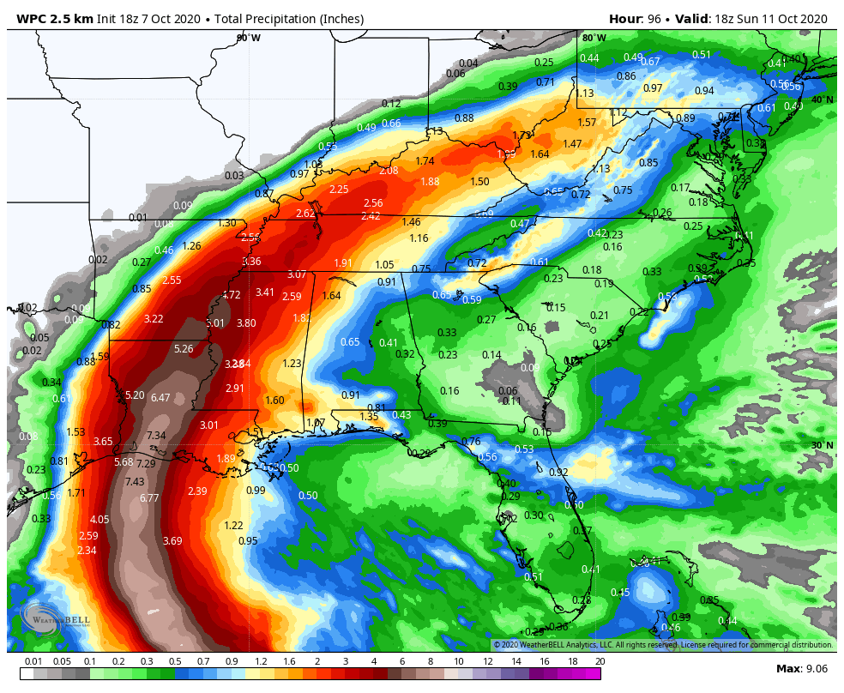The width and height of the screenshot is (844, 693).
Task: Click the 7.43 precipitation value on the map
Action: (x=135, y=481)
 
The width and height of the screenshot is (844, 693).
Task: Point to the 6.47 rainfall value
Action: (x=160, y=398)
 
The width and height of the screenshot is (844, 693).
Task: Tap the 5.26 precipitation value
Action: (x=184, y=349)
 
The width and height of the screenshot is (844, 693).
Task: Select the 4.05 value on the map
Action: (x=99, y=520)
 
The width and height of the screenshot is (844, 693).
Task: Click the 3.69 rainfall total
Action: (x=172, y=541)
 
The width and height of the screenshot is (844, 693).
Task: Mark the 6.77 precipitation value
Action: (x=149, y=498)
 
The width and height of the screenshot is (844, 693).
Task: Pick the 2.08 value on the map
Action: (x=389, y=171)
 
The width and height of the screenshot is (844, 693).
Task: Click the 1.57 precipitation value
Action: (x=587, y=123)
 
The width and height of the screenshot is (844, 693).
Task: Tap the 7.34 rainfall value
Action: (x=156, y=436)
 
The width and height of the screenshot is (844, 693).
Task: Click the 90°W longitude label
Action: (x=249, y=38)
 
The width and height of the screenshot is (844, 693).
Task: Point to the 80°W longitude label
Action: (x=594, y=38)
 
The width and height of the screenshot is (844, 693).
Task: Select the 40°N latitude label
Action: (x=823, y=99)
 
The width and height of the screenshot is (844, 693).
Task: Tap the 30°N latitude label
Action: (x=823, y=445)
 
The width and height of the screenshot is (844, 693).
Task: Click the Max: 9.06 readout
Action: (x=800, y=669)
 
